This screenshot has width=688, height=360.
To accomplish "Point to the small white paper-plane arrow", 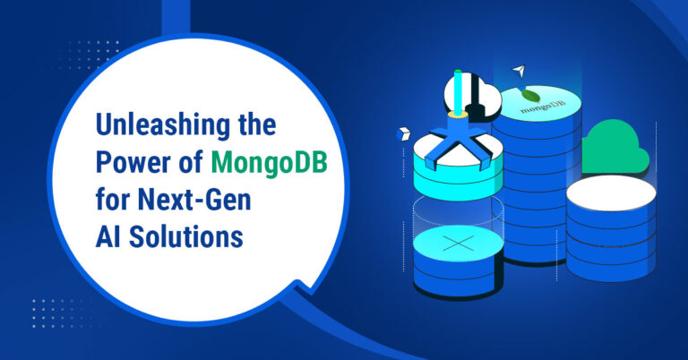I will click(x=517, y=69).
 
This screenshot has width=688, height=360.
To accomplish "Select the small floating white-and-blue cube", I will click(x=402, y=133).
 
